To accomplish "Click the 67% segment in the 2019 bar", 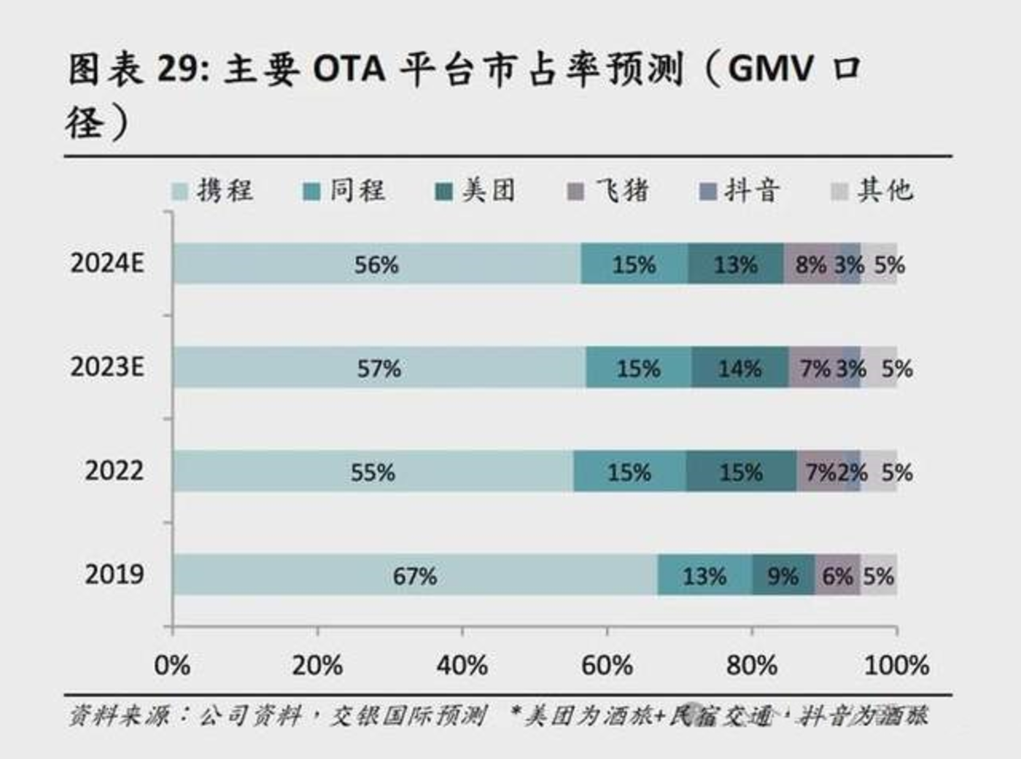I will pyautogui.click(x=415, y=575).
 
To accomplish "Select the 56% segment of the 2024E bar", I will pyautogui.click(x=376, y=264).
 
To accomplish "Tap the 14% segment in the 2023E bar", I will pyautogui.click(x=739, y=367).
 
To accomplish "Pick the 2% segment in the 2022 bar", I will pyautogui.click(x=852, y=472).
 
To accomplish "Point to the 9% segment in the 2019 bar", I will pyautogui.click(x=783, y=575).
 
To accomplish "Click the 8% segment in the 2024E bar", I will pyautogui.click(x=810, y=264).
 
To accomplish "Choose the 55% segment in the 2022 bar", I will pyautogui.click(x=373, y=472).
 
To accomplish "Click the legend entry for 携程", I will pyautogui.click(x=212, y=191).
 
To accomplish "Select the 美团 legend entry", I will pyautogui.click(x=475, y=191).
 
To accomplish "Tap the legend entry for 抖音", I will pyautogui.click(x=739, y=191).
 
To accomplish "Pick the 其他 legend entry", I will pyautogui.click(x=872, y=191).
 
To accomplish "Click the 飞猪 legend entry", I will pyautogui.click(x=608, y=191).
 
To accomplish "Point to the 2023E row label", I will pyautogui.click(x=107, y=367).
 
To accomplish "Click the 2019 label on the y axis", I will pyautogui.click(x=114, y=575).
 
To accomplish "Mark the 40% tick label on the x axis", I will pyautogui.click(x=462, y=665).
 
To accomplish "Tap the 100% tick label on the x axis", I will pyautogui.click(x=896, y=665).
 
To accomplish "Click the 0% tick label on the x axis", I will pyautogui.click(x=173, y=665).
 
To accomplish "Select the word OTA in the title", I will pyautogui.click(x=349, y=70).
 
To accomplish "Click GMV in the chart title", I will pyautogui.click(x=770, y=70).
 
